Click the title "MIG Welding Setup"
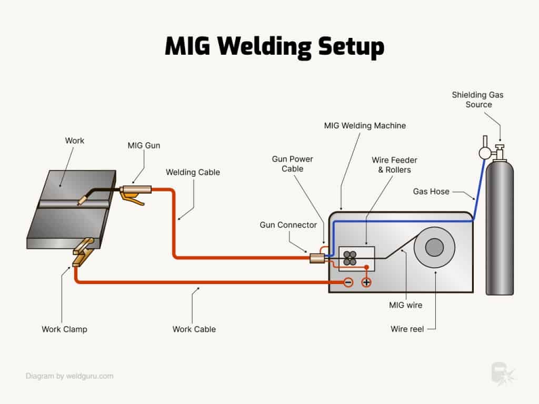pos(274,46)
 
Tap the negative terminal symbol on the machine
pos(348,282)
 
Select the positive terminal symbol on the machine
pos(366,282)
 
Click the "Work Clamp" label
pos(64,329)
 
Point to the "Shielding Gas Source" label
pos(478,99)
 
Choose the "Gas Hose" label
pos(431,191)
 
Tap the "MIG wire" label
pos(405,305)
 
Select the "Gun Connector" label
pos(288,225)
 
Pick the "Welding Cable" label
pos(193,172)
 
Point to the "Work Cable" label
pos(194,329)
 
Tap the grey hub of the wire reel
pos(434,247)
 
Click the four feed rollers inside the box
pos(350,258)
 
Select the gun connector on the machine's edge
pos(316,258)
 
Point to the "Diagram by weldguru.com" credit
pos(69,376)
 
